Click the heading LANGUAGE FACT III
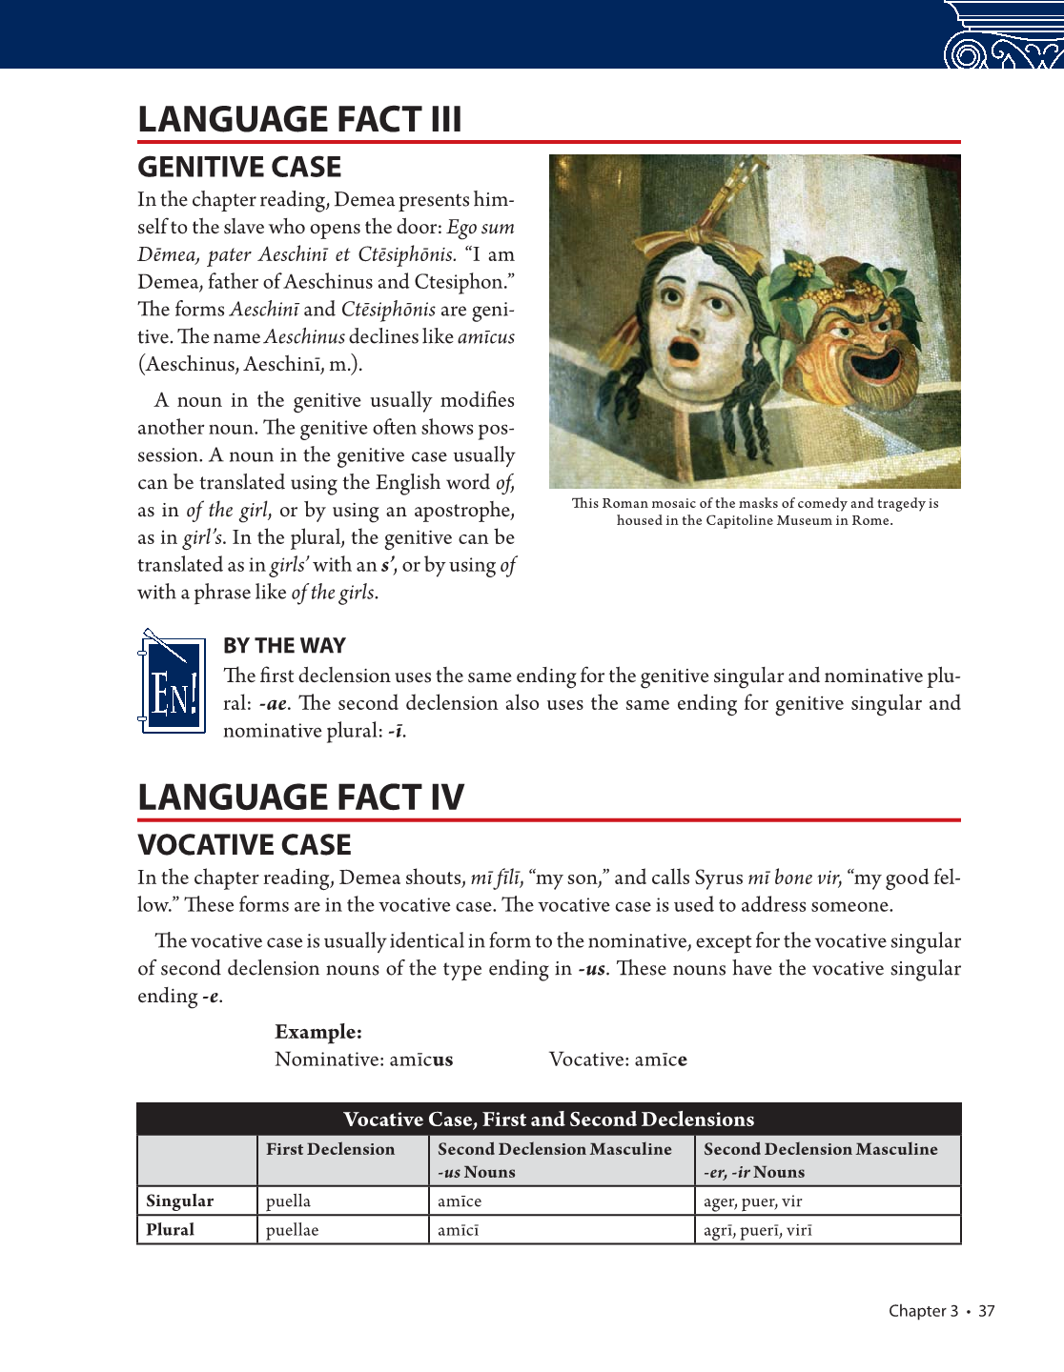tap(299, 120)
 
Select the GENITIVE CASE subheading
tap(239, 168)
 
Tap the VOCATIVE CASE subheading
tap(244, 845)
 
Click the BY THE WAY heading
tap(284, 646)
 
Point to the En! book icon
tap(173, 683)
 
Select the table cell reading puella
tap(288, 1201)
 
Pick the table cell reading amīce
tap(460, 1201)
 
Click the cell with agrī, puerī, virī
tap(758, 1230)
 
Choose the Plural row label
tap(171, 1230)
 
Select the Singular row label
tap(179, 1201)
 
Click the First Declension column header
tap(330, 1150)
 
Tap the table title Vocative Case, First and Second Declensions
tap(548, 1120)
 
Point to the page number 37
tap(986, 1311)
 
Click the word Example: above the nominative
tap(318, 1032)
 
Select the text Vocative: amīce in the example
tap(618, 1059)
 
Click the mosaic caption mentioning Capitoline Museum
tap(754, 512)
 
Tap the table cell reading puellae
tap(292, 1230)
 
